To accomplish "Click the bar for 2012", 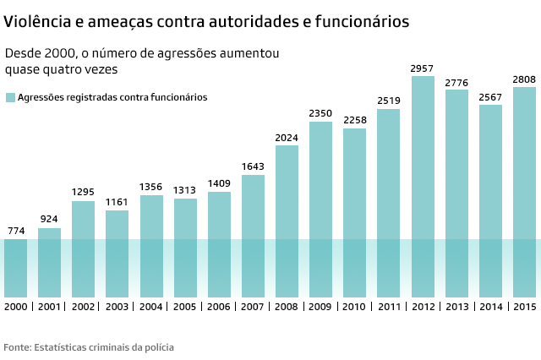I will pyautogui.click(x=423, y=186).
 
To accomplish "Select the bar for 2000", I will pyautogui.click(x=15, y=267).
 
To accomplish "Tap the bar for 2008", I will pyautogui.click(x=287, y=221).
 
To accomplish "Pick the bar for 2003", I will pyautogui.click(x=117, y=254).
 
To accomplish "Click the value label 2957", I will pyautogui.click(x=423, y=68).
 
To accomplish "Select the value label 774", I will pyautogui.click(x=15, y=231).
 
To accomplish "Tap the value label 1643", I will pyautogui.click(x=253, y=166).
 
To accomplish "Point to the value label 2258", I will pyautogui.click(x=355, y=120).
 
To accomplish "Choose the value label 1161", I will pyautogui.click(x=117, y=202).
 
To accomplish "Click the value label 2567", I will pyautogui.click(x=490, y=96).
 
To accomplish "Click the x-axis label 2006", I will pyautogui.click(x=219, y=306).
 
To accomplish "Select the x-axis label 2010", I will pyautogui.click(x=355, y=306).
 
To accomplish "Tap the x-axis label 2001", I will pyautogui.click(x=49, y=306).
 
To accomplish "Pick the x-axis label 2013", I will pyautogui.click(x=456, y=306).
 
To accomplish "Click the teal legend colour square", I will pyautogui.click(x=10, y=97).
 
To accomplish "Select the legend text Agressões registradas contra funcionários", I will pyautogui.click(x=112, y=97).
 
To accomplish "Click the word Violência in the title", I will pyautogui.click(x=36, y=21).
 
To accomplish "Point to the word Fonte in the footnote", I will pyautogui.click(x=19, y=347).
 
